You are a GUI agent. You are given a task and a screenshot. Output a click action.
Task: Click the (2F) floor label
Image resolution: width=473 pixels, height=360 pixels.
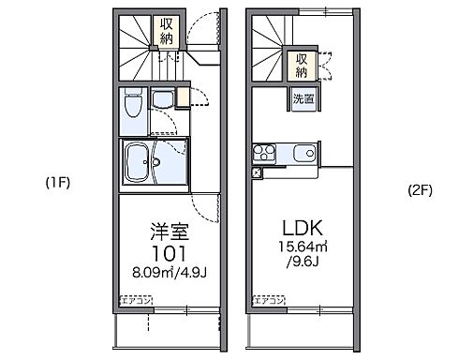418,190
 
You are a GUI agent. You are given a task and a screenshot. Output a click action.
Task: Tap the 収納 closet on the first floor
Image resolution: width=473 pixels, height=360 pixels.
166,33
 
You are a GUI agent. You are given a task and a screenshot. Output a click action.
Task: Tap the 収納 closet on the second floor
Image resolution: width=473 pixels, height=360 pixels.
302,65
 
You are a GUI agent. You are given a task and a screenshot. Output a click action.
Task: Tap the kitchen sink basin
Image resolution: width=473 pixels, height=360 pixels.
303,153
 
